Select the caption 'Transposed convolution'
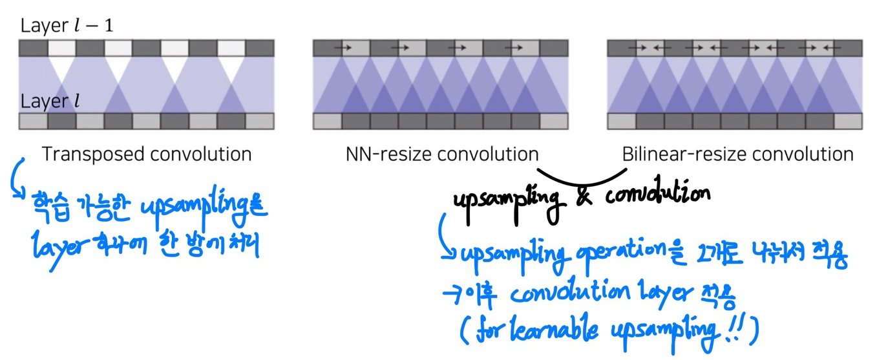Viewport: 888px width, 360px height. pyautogui.click(x=146, y=154)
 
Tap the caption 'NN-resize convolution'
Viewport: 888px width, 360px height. pyautogui.click(x=441, y=154)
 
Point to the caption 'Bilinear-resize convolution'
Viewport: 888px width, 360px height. pyautogui.click(x=737, y=154)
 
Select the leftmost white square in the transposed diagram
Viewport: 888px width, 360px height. pyautogui.click(x=61, y=48)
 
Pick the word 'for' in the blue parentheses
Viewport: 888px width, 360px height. pyautogui.click(x=489, y=330)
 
